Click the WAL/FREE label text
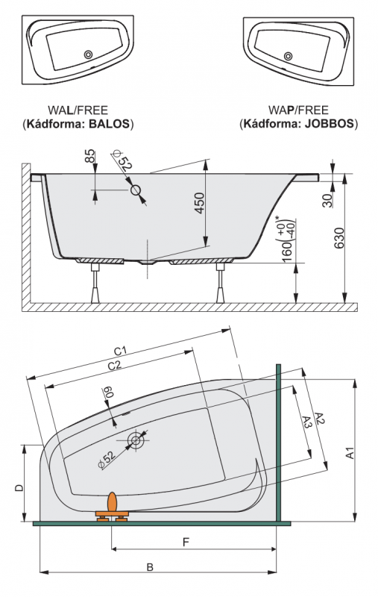pyautogui.click(x=78, y=110)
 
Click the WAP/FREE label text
pyautogui.click(x=298, y=110)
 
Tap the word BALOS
pyautogui.click(x=109, y=124)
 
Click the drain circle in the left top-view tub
pyautogui.click(x=88, y=54)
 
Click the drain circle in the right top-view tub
pyautogui.click(x=289, y=56)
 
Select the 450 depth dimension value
pyautogui.click(x=200, y=203)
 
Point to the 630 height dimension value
pyautogui.click(x=338, y=237)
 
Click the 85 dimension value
pyautogui.click(x=89, y=156)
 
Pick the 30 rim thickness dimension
pyautogui.click(x=327, y=200)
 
